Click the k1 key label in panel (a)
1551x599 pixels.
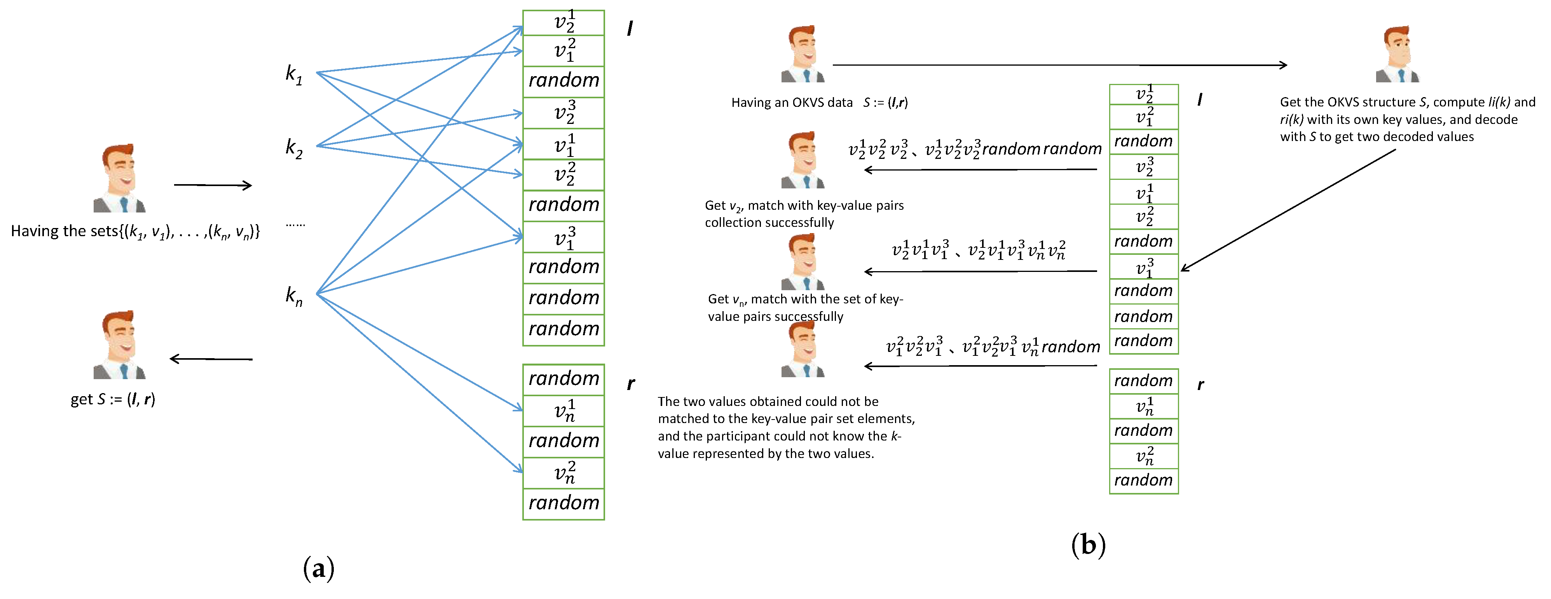[x=294, y=75]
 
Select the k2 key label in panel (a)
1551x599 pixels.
[x=294, y=148]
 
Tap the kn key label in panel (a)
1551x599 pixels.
[x=294, y=296]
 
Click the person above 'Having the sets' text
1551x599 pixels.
[x=120, y=178]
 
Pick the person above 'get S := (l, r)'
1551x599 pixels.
[x=120, y=345]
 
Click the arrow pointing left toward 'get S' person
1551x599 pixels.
[x=211, y=359]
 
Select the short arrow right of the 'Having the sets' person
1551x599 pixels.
[x=213, y=185]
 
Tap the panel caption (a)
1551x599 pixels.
[x=319, y=568]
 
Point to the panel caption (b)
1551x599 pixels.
[x=1088, y=545]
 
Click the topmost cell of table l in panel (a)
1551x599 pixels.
[x=563, y=22]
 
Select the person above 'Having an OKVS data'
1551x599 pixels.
[x=803, y=54]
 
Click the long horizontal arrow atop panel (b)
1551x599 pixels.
[x=1060, y=65]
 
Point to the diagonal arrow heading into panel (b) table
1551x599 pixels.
[x=1289, y=210]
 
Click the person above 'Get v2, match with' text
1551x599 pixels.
[x=803, y=160]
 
